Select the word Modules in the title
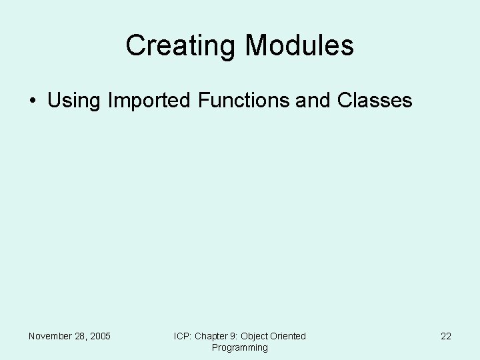299,46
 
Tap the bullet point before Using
32,101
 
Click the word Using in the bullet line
73,101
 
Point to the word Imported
149,101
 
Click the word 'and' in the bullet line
313,101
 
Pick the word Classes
375,101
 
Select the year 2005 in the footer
101,336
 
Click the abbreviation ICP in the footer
182,336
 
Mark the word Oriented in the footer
289,336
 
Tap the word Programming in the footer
240,347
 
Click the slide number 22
446,336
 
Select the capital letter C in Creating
135,46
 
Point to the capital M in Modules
257,46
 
